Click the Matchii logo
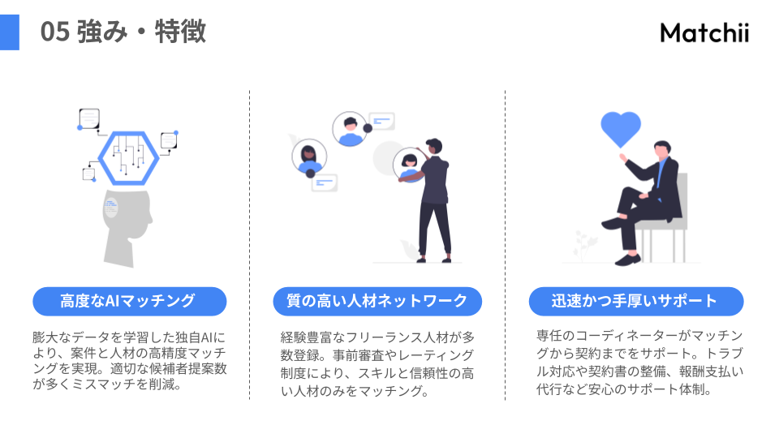tap(704, 32)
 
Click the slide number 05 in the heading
tap(54, 32)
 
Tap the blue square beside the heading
tap(9, 32)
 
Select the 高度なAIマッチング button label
tap(128, 302)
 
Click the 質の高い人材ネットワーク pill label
tap(377, 302)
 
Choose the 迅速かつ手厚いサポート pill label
tap(635, 302)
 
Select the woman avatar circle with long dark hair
tap(308, 157)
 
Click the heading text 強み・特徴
tap(141, 32)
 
